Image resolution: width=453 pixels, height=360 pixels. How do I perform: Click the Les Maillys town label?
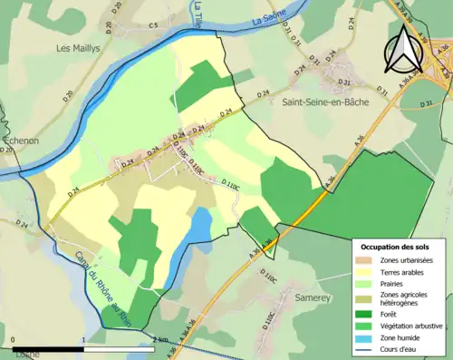[x=76, y=48]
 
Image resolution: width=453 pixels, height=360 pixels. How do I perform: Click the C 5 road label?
[x=153, y=24]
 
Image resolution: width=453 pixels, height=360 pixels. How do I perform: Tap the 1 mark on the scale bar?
[x=84, y=340]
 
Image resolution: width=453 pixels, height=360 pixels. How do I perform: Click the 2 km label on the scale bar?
[x=161, y=340]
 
